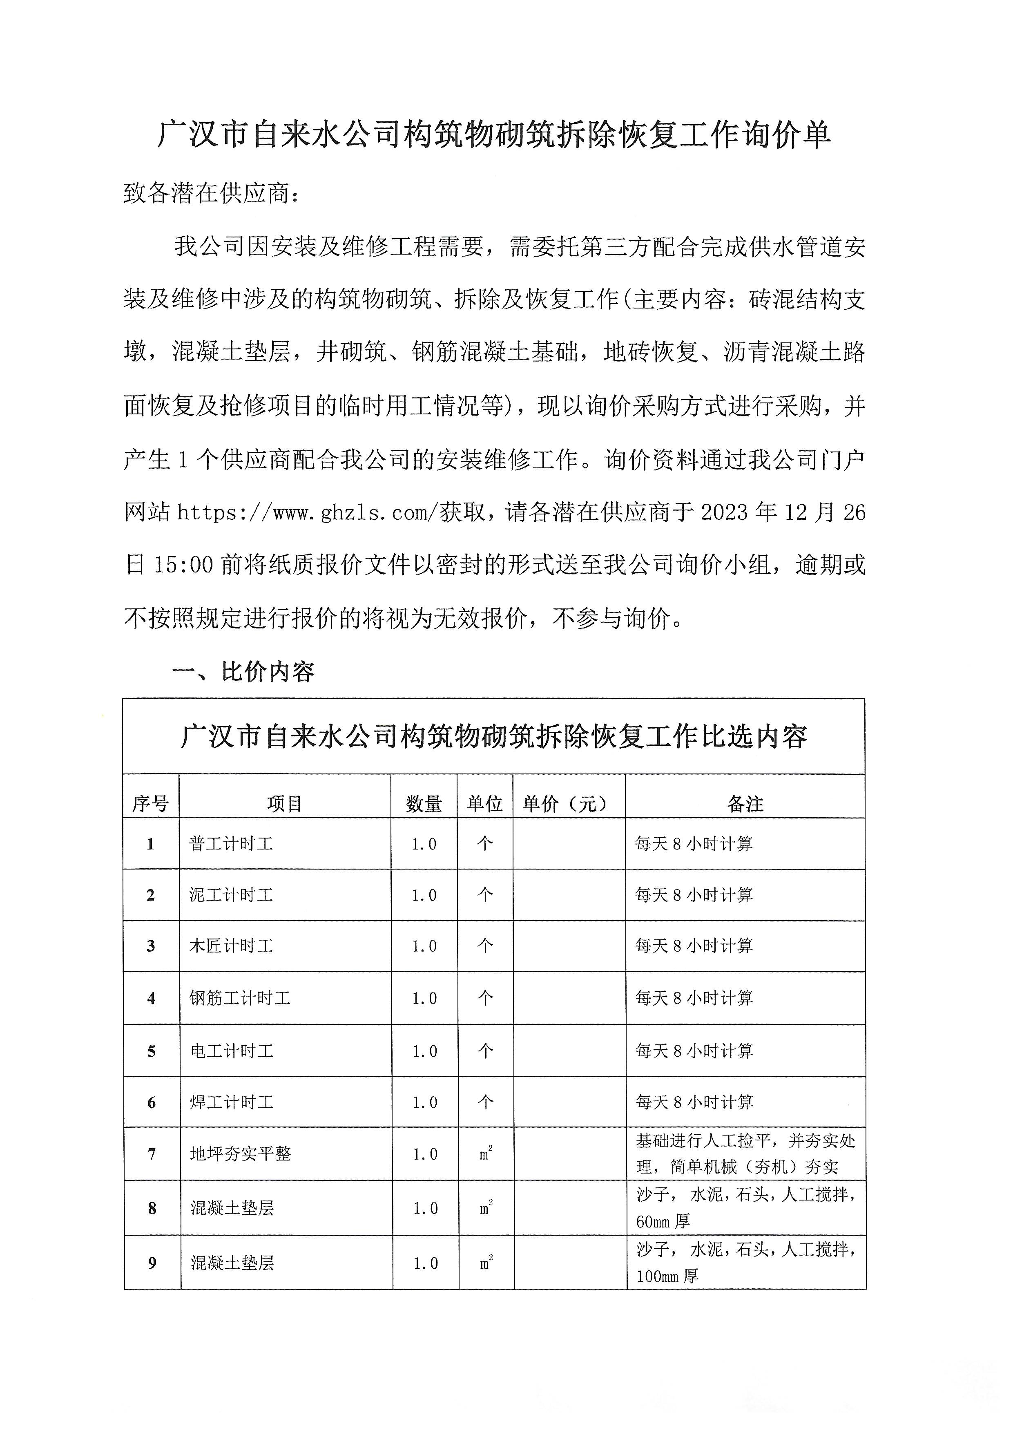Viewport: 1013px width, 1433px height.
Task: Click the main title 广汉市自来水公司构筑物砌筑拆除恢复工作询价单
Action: pyautogui.click(x=493, y=135)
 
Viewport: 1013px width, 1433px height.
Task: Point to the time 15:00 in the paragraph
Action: pyautogui.click(x=183, y=566)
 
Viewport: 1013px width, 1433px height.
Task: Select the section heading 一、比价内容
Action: pyautogui.click(x=243, y=672)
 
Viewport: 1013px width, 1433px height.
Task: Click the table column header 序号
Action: pyautogui.click(x=150, y=804)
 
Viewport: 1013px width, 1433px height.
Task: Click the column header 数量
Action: pyautogui.click(x=424, y=804)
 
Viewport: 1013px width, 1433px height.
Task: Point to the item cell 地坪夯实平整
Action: pyautogui.click(x=240, y=1154)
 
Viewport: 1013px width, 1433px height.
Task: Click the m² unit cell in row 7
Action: pyautogui.click(x=486, y=1154)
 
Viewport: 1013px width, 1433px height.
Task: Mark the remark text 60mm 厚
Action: pyautogui.click(x=663, y=1221)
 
